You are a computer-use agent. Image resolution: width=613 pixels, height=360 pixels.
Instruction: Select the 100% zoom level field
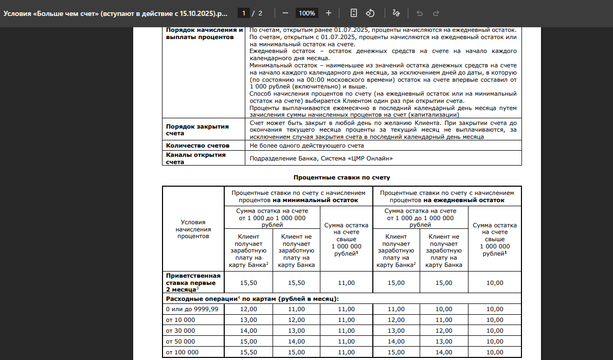pyautogui.click(x=307, y=13)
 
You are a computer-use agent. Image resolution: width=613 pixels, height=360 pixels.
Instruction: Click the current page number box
pyautogui.click(x=245, y=13)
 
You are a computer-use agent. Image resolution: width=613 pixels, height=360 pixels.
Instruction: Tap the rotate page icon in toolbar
pyautogui.click(x=370, y=13)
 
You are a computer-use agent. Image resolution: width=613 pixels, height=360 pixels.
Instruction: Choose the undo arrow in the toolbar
pyautogui.click(x=419, y=13)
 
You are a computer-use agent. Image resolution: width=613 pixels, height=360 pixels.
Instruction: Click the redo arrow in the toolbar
pyautogui.click(x=436, y=13)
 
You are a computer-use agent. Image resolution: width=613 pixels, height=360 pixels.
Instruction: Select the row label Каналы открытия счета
pyautogui.click(x=196, y=158)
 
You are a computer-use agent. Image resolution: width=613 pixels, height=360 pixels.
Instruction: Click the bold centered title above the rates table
pyautogui.click(x=341, y=177)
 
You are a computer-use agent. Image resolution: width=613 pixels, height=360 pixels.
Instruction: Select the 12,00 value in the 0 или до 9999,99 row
pyautogui.click(x=249, y=309)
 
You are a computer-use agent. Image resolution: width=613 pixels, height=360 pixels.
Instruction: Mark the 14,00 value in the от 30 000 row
pyautogui.click(x=249, y=331)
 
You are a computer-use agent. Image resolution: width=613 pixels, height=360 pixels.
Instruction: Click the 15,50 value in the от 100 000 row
pyautogui.click(x=249, y=352)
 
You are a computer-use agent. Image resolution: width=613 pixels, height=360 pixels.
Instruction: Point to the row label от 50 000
pyautogui.click(x=181, y=341)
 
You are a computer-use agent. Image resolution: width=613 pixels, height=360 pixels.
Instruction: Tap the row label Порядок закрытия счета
pyautogui.click(x=197, y=130)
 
